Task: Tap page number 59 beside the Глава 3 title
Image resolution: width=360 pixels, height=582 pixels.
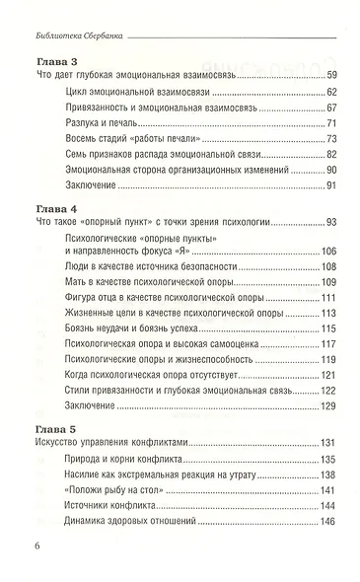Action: (331, 76)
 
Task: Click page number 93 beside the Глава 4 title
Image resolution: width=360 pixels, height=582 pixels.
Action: (331, 223)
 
